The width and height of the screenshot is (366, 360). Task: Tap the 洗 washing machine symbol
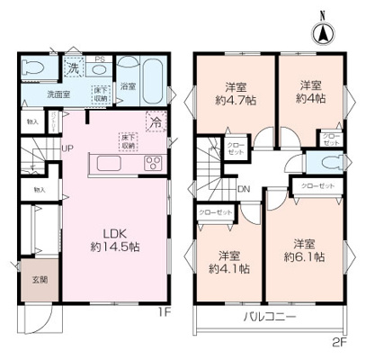coord(74,68)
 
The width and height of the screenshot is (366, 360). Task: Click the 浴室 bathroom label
coord(128,87)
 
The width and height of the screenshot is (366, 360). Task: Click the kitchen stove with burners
coord(152,164)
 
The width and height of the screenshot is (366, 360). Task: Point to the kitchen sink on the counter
coord(103,163)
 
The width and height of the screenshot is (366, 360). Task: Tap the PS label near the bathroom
coord(101,60)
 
